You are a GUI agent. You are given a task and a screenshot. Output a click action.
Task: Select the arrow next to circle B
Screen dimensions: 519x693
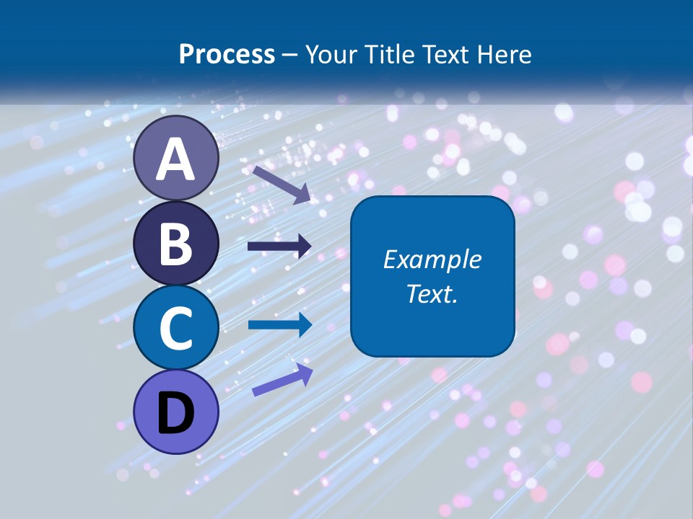(279, 247)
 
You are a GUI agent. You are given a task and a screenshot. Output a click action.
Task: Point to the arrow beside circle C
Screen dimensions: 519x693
(279, 324)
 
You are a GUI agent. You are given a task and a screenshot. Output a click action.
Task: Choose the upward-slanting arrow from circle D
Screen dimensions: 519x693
(282, 380)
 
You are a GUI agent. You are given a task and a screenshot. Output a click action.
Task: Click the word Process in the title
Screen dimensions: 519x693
(227, 55)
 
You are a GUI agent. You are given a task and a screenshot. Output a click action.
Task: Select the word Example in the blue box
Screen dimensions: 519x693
(432, 259)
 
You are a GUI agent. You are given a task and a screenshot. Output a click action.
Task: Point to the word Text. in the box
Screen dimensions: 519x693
(432, 294)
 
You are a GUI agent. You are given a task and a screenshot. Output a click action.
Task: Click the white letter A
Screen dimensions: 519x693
(176, 159)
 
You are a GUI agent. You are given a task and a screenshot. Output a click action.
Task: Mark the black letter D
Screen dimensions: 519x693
(176, 414)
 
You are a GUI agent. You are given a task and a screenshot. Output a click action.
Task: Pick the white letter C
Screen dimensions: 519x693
(176, 329)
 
